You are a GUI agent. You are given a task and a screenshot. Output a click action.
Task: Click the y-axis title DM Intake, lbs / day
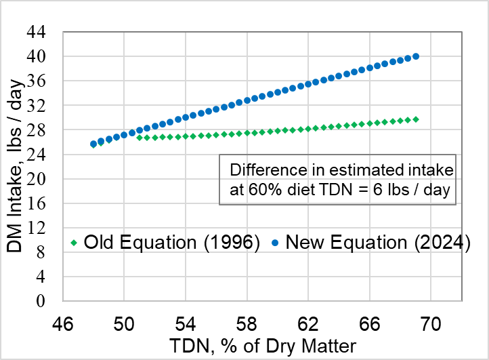tap(16, 166)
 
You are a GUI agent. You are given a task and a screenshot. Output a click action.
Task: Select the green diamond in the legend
tap(74, 243)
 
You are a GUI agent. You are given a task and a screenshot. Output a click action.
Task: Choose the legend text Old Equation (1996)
tap(172, 243)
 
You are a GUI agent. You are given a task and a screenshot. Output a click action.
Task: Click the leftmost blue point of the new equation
tap(93, 144)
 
